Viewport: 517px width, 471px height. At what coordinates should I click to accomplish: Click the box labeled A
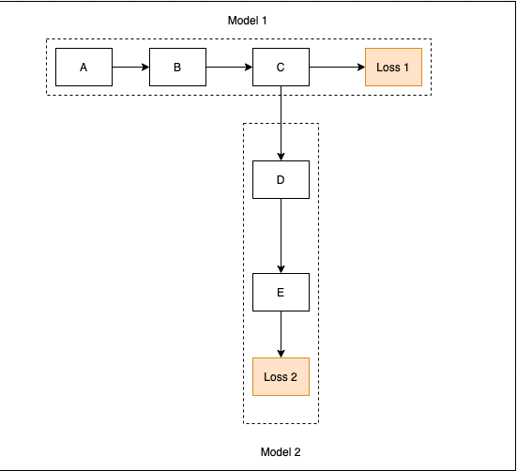tap(84, 68)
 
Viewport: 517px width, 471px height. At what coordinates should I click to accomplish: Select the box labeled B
tap(177, 68)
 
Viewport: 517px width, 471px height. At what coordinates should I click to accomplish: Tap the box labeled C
tap(281, 68)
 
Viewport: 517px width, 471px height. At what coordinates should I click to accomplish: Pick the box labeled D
tap(281, 179)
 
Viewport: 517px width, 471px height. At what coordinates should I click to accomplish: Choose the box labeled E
tap(281, 292)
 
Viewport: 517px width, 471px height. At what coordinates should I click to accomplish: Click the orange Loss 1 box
tap(393, 68)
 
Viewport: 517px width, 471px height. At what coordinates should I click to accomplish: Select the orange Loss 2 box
tap(281, 376)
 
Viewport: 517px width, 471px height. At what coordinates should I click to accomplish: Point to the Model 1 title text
tap(248, 21)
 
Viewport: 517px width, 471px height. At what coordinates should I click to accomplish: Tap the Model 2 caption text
tap(281, 452)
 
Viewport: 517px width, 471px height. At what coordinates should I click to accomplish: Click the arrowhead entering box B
tap(145, 68)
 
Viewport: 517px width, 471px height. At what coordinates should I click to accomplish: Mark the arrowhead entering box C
tap(249, 68)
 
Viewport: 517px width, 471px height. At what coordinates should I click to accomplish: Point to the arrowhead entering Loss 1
tap(361, 68)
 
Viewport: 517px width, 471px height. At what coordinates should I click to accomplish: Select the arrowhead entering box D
tap(281, 157)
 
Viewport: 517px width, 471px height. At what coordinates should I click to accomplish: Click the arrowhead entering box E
tap(281, 269)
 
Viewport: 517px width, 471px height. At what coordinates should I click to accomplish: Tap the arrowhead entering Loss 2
tap(281, 354)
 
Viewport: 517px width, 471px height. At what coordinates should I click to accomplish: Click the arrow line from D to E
tap(281, 235)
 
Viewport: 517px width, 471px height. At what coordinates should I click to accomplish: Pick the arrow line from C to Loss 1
tap(337, 68)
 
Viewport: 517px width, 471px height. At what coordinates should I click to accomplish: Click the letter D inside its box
tap(281, 179)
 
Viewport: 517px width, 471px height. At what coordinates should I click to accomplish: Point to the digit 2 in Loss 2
tap(293, 377)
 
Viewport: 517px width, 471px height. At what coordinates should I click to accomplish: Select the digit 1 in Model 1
tap(264, 21)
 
